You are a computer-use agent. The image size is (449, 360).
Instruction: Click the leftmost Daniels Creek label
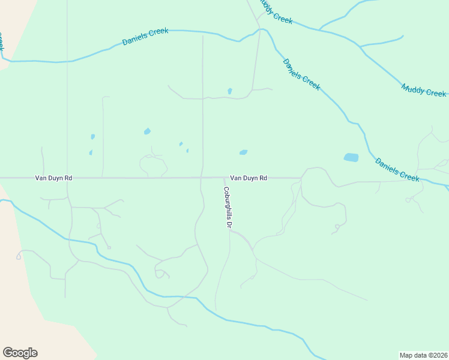pyautogui.click(x=145, y=37)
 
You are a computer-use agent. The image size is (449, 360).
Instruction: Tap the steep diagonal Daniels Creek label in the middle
pyautogui.click(x=301, y=74)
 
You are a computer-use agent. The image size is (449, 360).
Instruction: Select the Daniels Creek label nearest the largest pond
pyautogui.click(x=397, y=169)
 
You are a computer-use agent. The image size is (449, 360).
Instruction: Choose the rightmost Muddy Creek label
pyautogui.click(x=424, y=91)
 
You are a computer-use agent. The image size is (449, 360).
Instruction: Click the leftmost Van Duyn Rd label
pyautogui.click(x=53, y=178)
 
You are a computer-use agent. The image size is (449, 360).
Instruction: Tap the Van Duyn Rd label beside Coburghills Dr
pyautogui.click(x=249, y=178)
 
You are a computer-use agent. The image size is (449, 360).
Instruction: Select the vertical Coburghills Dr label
pyautogui.click(x=228, y=207)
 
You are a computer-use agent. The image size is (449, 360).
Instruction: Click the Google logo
pyautogui.click(x=20, y=353)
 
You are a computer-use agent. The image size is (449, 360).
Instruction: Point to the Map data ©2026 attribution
pyautogui.click(x=423, y=355)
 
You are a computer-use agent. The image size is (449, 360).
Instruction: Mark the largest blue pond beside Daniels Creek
pyautogui.click(x=351, y=158)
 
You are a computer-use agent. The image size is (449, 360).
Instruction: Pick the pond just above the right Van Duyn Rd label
pyautogui.click(x=243, y=152)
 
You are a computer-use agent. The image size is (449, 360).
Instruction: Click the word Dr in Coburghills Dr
pyautogui.click(x=228, y=223)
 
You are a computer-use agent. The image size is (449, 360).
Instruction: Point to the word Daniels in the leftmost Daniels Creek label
pyautogui.click(x=135, y=39)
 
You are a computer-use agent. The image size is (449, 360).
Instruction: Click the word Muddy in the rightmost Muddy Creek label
pyautogui.click(x=413, y=88)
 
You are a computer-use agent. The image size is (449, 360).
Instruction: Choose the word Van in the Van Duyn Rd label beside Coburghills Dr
pyautogui.click(x=236, y=178)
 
